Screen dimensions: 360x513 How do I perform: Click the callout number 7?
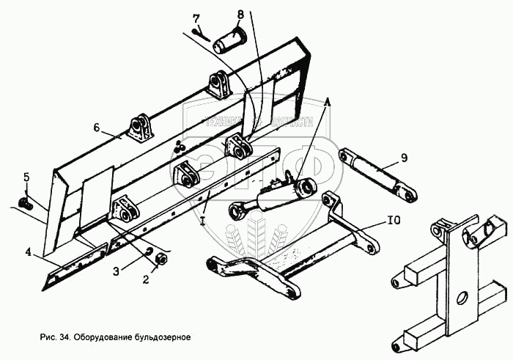(x=196, y=18)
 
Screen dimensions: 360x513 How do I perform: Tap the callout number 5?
(x=26, y=177)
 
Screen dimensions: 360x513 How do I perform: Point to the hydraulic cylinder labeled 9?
(x=378, y=175)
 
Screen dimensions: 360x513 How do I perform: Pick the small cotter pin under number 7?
(x=199, y=32)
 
